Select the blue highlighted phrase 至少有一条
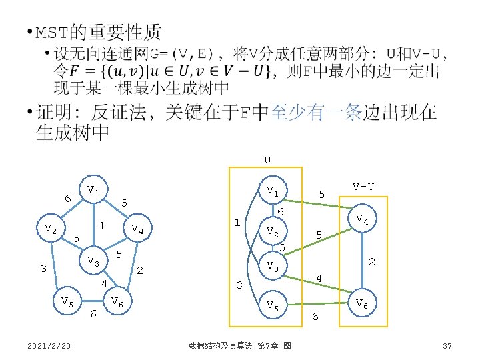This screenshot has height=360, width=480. [x=314, y=113]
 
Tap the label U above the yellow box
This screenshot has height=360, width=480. [x=267, y=160]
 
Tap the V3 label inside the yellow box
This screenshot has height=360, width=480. [x=272, y=266]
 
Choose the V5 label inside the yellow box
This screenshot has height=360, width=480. [x=272, y=305]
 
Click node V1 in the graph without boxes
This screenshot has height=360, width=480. [x=93, y=192]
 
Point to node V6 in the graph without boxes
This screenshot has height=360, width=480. [x=117, y=301]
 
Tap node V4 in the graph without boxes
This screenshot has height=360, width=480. [x=137, y=229]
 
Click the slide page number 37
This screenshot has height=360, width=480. [x=447, y=345]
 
